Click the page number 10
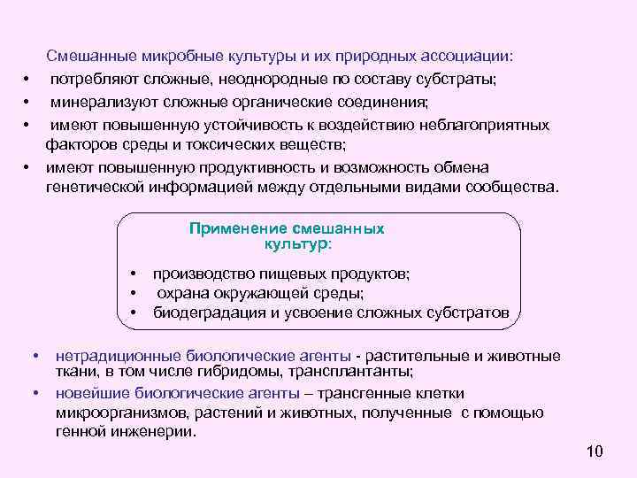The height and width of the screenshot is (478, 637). coord(594,452)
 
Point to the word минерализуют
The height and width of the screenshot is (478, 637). coord(98,103)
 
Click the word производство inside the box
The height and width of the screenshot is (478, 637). coord(203,274)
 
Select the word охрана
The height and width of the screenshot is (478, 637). coord(180,294)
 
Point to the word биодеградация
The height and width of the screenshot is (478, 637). coord(204,313)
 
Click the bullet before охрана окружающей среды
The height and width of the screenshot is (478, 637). coord(134,294)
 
